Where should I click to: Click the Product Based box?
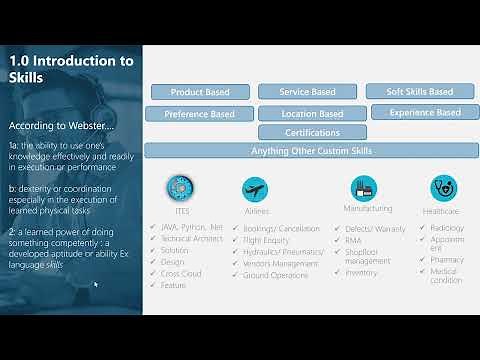pos(200,92)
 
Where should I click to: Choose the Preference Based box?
pos(200,114)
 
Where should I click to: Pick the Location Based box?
pos(312,114)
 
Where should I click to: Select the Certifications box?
pos(312,132)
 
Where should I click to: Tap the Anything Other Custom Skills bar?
pos(311,151)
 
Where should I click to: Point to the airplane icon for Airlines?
pos(256,189)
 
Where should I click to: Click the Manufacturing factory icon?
pos(363,187)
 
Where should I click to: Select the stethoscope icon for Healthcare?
pos(442,188)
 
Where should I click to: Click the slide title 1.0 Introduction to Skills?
pos(70,69)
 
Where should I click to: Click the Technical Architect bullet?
pos(192,238)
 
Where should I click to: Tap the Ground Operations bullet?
pos(277,274)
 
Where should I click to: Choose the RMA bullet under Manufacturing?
pos(355,240)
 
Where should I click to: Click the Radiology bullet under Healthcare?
pos(449,229)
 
